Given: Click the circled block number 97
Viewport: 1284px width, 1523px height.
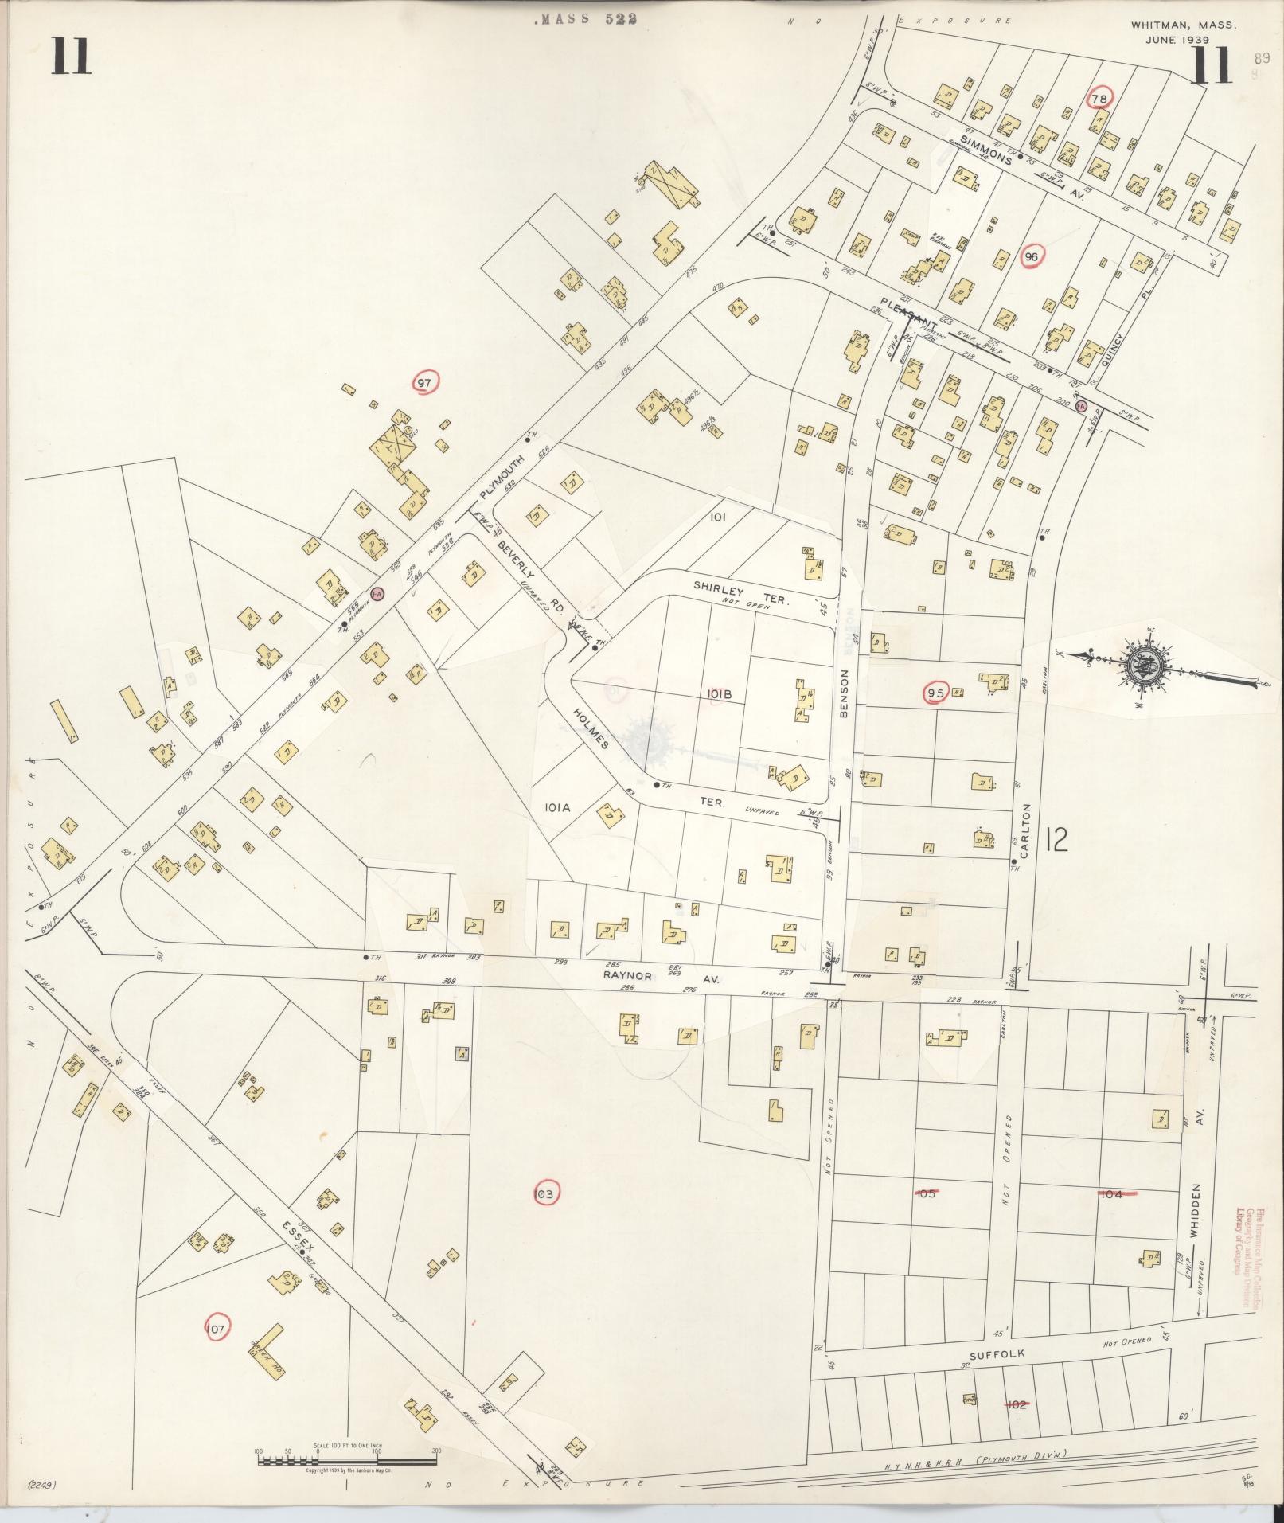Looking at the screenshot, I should click(424, 383).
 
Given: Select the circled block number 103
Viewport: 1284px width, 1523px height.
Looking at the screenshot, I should click(544, 1193).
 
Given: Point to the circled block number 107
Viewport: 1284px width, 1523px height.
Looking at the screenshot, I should click(217, 1327).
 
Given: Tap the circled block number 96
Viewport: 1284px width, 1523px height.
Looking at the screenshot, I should click(1032, 256).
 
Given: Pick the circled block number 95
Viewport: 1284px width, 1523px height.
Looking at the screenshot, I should click(935, 693).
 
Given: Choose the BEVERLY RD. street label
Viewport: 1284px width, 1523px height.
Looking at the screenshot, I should click(530, 579).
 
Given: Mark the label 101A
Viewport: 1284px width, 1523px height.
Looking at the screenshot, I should click(558, 807).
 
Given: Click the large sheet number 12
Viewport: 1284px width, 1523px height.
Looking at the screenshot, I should click(1056, 839).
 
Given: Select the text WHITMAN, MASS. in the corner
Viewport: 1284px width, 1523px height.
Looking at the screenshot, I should click(1182, 25).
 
